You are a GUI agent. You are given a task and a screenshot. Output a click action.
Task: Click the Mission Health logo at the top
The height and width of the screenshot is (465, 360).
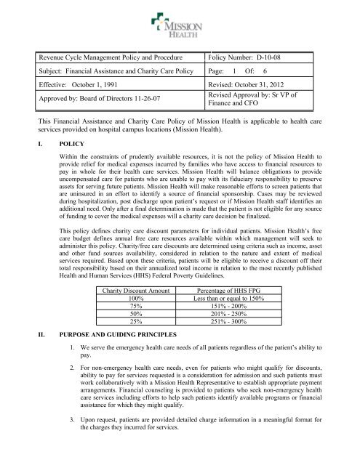(180, 22)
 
